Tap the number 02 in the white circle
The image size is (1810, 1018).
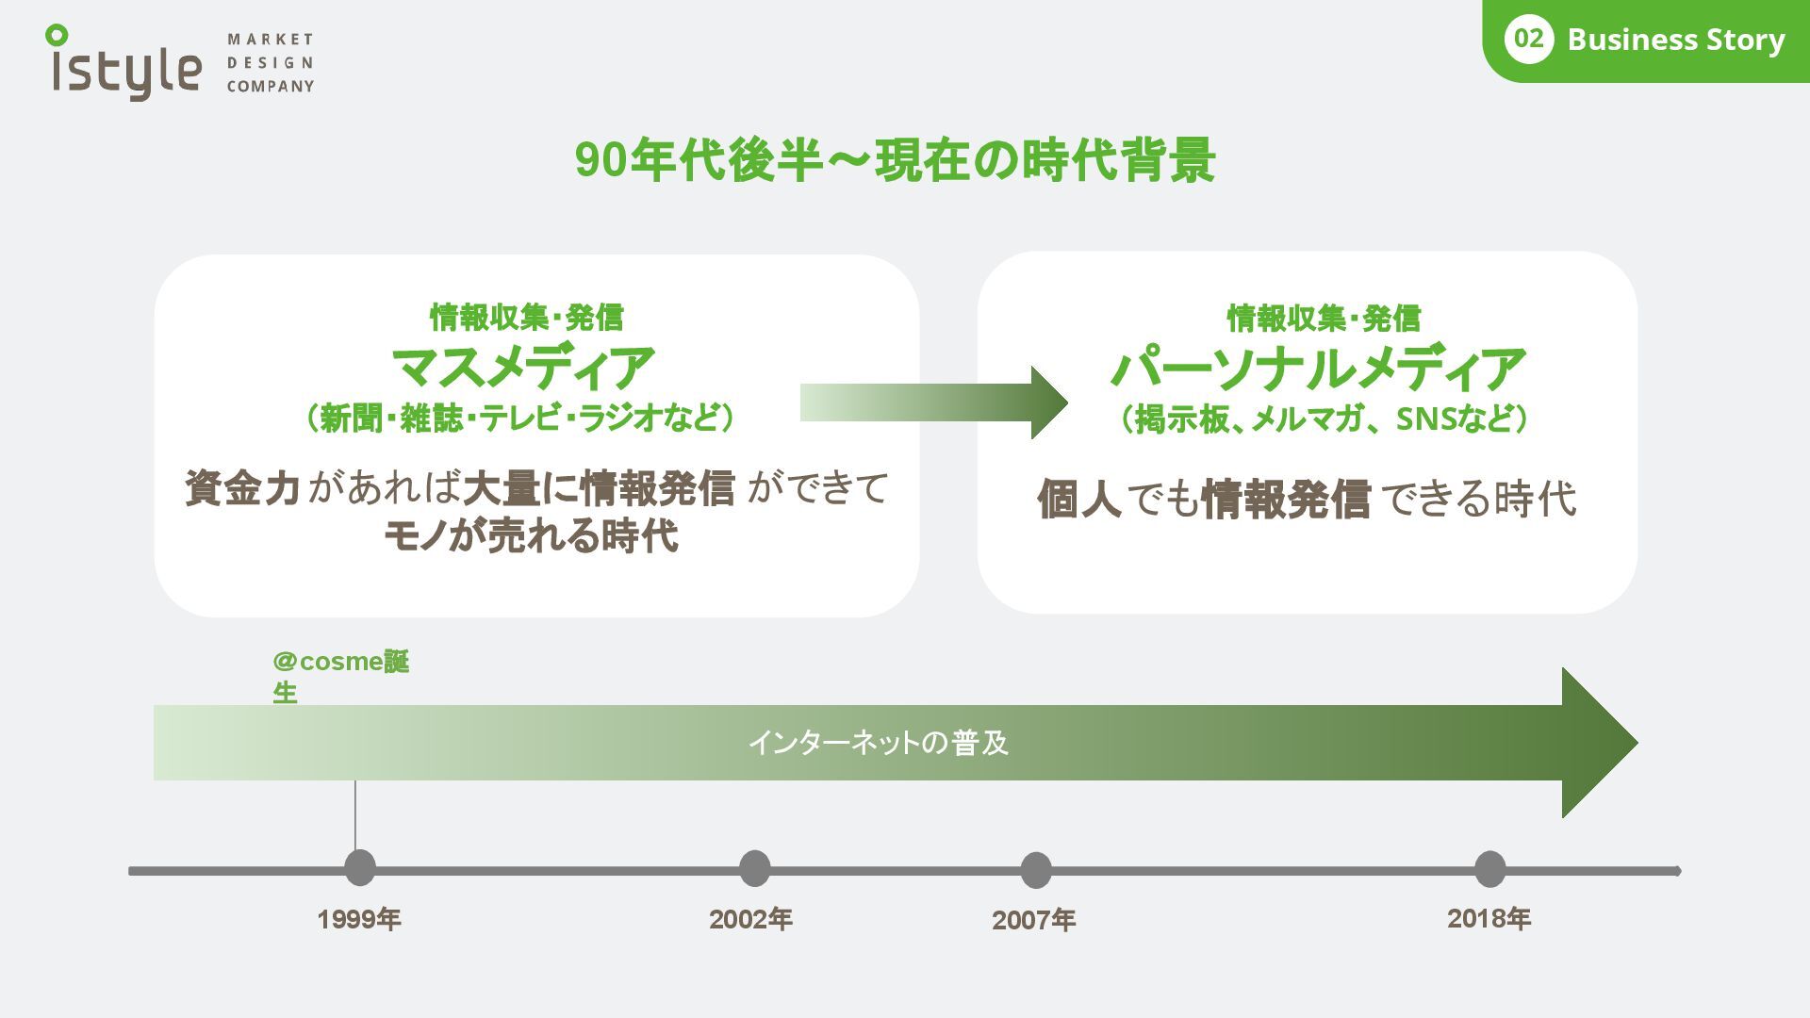1528,40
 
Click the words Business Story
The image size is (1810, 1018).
1675,40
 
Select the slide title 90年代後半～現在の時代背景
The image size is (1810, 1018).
895,160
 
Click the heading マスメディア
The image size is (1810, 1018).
523,368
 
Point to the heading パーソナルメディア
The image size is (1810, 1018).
1319,369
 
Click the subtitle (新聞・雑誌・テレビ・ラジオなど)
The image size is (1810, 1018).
520,418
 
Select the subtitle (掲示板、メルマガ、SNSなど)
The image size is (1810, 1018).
1324,419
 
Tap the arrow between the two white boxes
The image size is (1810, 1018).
933,402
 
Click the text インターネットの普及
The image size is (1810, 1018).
879,743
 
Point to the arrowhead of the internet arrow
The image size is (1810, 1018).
1599,743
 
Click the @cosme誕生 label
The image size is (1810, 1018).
340,676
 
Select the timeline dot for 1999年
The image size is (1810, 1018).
359,868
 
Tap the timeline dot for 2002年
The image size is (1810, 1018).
754,868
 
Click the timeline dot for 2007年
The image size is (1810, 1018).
1035,870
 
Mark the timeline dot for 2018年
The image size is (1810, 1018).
1489,868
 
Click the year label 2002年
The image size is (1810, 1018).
750,919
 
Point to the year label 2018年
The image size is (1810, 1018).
1489,918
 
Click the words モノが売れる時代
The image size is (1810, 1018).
531,536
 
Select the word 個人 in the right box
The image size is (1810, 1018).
1078,499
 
